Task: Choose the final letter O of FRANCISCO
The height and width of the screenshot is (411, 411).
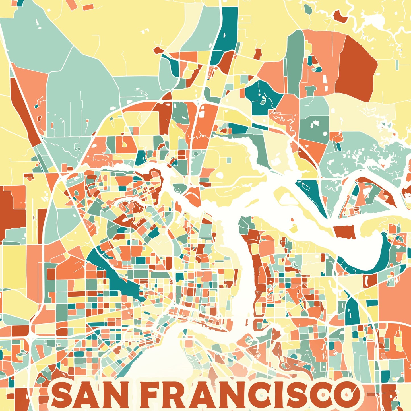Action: (x=345, y=394)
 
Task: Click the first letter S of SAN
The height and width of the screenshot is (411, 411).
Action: (x=62, y=395)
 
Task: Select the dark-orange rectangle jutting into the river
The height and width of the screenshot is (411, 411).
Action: (x=345, y=232)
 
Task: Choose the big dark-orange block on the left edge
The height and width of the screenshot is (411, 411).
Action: (x=11, y=212)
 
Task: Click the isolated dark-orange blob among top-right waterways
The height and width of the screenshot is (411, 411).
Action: (x=340, y=16)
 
